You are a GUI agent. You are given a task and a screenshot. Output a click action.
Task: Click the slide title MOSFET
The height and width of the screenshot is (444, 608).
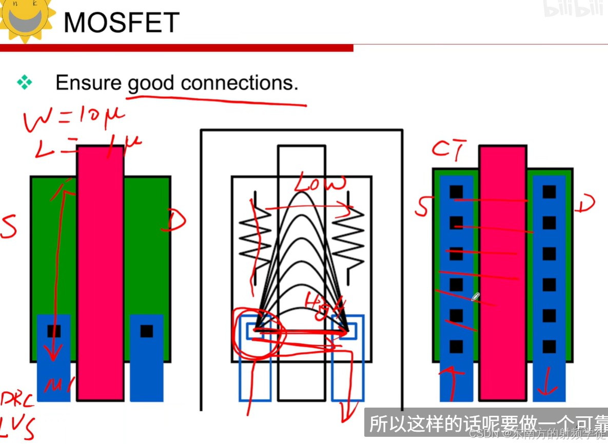(121, 23)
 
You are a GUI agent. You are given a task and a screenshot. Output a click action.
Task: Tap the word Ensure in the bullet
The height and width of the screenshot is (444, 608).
(88, 83)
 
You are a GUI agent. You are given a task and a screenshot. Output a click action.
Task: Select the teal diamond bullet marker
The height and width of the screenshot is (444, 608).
(24, 82)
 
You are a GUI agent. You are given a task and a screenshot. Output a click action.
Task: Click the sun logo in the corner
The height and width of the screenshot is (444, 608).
(25, 19)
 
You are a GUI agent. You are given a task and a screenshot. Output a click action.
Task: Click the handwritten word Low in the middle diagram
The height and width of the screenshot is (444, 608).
(320, 184)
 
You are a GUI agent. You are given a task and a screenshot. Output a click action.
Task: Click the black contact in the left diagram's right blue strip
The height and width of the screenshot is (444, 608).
(146, 331)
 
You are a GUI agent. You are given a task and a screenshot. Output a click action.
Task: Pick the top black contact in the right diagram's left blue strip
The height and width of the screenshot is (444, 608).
(456, 192)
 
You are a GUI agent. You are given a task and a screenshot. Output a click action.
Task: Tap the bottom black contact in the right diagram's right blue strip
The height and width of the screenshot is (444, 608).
(549, 347)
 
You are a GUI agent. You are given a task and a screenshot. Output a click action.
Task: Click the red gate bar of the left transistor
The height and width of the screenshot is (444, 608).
(100, 272)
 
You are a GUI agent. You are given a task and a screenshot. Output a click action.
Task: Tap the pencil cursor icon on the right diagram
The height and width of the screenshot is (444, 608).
(476, 297)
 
